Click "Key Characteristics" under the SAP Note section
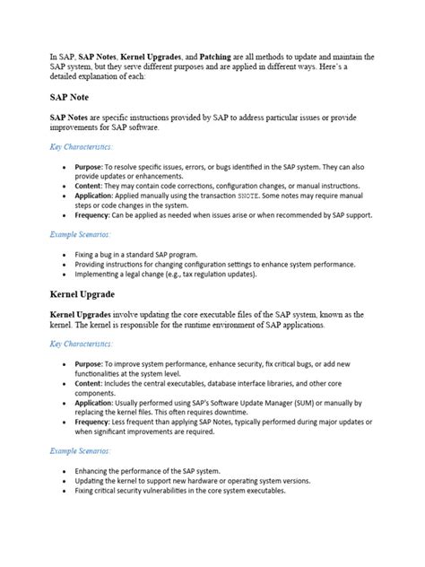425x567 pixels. [81, 146]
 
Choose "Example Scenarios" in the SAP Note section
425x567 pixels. [80, 234]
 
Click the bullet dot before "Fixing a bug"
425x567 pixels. [64, 255]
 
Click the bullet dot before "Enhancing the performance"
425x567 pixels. [64, 471]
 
